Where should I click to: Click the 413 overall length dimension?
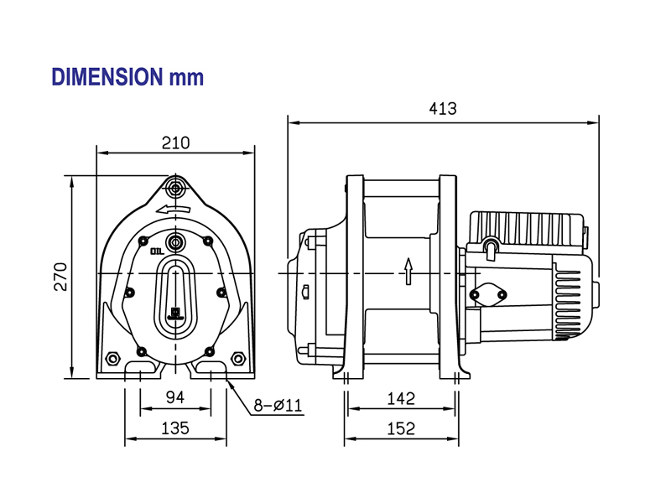point(442,109)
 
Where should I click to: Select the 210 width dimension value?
point(175,143)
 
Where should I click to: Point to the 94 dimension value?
point(174,397)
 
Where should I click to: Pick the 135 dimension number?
point(174,428)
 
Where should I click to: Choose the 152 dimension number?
point(402,428)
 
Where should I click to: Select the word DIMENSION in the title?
point(106,77)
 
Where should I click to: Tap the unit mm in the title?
point(186,78)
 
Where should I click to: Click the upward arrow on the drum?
point(408,271)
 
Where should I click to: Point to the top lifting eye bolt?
point(175,184)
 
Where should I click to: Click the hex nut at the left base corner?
point(112,359)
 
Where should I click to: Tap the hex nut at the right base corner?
point(239,359)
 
